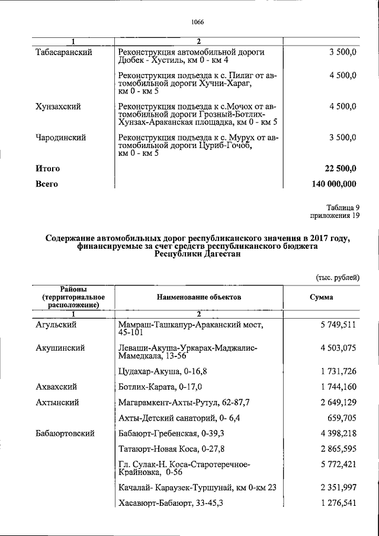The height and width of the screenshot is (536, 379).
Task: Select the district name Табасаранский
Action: (x=63, y=53)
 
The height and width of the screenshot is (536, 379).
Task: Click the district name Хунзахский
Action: (x=58, y=107)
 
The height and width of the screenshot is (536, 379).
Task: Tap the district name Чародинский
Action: (x=61, y=137)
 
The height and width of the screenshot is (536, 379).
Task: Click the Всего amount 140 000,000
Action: (x=333, y=184)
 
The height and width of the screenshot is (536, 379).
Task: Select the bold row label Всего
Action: (x=47, y=184)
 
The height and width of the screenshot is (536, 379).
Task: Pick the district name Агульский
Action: (x=56, y=325)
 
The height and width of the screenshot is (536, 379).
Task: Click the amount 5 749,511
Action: (x=338, y=325)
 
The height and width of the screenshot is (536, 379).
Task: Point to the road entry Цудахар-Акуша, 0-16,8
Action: (x=160, y=371)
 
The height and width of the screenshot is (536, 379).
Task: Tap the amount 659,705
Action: (x=342, y=418)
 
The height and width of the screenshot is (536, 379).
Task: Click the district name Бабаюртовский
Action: (x=66, y=434)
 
